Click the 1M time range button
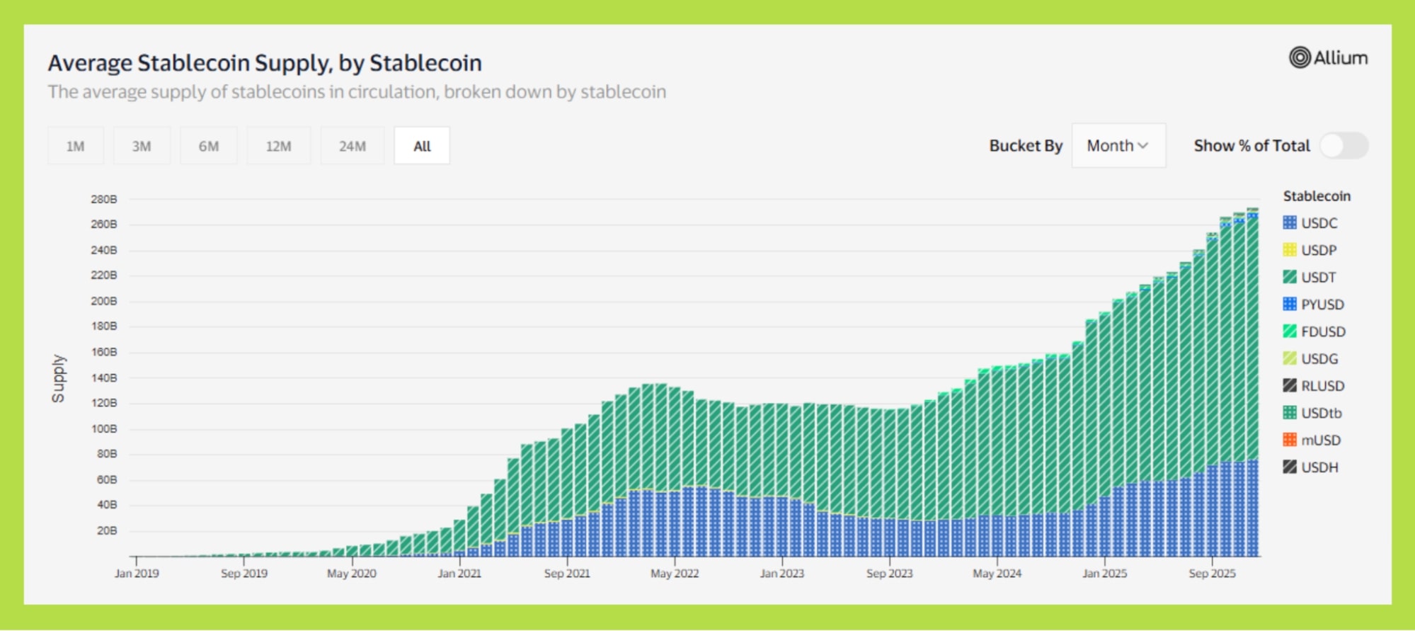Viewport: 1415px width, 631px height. click(75, 146)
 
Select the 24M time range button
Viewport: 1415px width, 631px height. click(352, 146)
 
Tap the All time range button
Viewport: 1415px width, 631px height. click(422, 146)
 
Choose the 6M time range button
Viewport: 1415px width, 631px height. click(208, 146)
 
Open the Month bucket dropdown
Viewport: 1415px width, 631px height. click(1118, 146)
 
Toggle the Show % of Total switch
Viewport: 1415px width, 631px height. click(1343, 146)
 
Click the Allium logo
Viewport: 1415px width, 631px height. click(1328, 58)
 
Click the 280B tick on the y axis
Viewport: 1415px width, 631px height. click(104, 200)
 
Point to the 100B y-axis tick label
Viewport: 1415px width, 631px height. click(104, 429)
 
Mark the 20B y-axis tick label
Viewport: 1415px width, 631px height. click(107, 531)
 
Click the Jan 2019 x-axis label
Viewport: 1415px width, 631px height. click(137, 574)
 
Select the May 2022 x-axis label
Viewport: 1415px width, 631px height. click(675, 574)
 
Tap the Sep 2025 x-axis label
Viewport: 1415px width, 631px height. click(1212, 574)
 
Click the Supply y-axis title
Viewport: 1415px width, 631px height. click(58, 378)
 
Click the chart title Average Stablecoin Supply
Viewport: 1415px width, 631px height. click(265, 63)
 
